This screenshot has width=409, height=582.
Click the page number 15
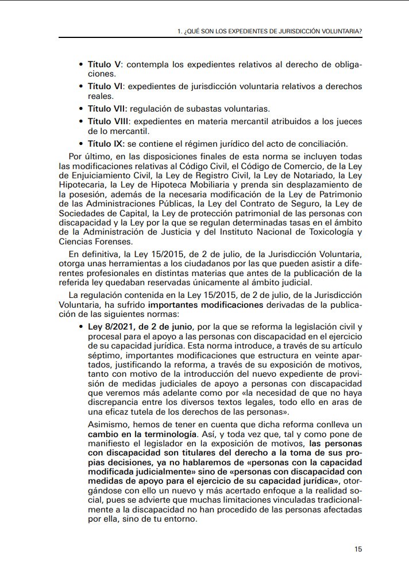tap(358, 549)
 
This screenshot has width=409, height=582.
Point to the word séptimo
tap(103, 357)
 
